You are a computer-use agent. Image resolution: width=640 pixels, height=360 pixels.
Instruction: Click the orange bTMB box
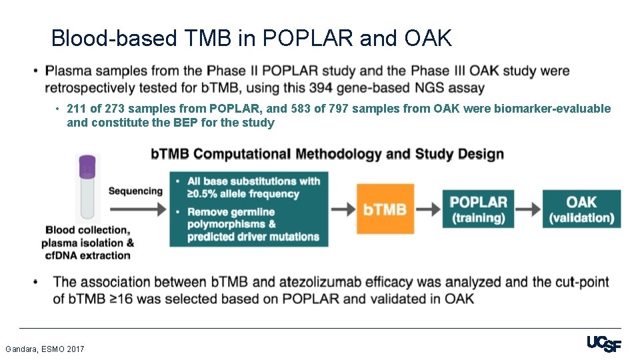point(385,209)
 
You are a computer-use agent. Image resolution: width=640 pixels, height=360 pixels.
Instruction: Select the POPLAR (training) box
point(478,209)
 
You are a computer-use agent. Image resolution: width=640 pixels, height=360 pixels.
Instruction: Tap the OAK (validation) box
point(581,209)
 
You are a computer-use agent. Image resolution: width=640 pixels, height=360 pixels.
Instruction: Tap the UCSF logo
point(603,345)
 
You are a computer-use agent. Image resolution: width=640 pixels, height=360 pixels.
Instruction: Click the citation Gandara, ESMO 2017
point(45,349)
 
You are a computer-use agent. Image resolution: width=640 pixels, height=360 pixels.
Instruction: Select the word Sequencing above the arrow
point(135,191)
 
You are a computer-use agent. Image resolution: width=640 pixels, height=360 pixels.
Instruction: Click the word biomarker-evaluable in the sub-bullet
point(552,109)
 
